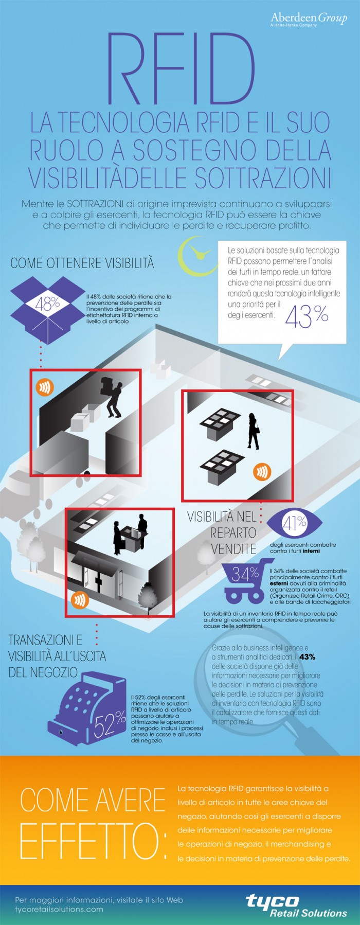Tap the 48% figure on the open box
pos(47,304)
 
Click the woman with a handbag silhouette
pos(253,431)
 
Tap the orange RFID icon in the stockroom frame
pos(44,387)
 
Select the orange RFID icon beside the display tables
pos(262,471)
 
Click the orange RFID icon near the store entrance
pos(80,599)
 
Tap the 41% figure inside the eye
pos(294,524)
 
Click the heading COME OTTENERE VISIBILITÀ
pos(82,263)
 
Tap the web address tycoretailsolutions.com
pos(59,909)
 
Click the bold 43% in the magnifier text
pos(307,657)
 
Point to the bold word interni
pos(311,551)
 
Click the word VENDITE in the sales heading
pos(233,549)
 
